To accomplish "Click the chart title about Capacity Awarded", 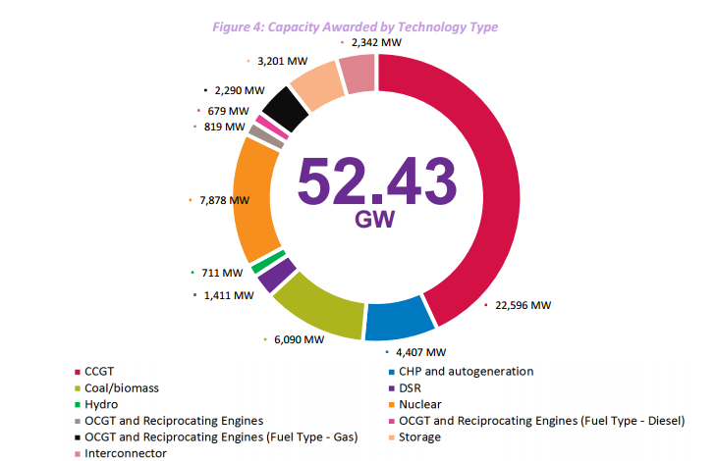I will tap(356, 26).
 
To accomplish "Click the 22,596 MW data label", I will tap(524, 305).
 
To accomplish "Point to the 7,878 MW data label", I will tap(223, 200).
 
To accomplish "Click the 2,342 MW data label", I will tap(376, 43).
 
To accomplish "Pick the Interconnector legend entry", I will tap(125, 453).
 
